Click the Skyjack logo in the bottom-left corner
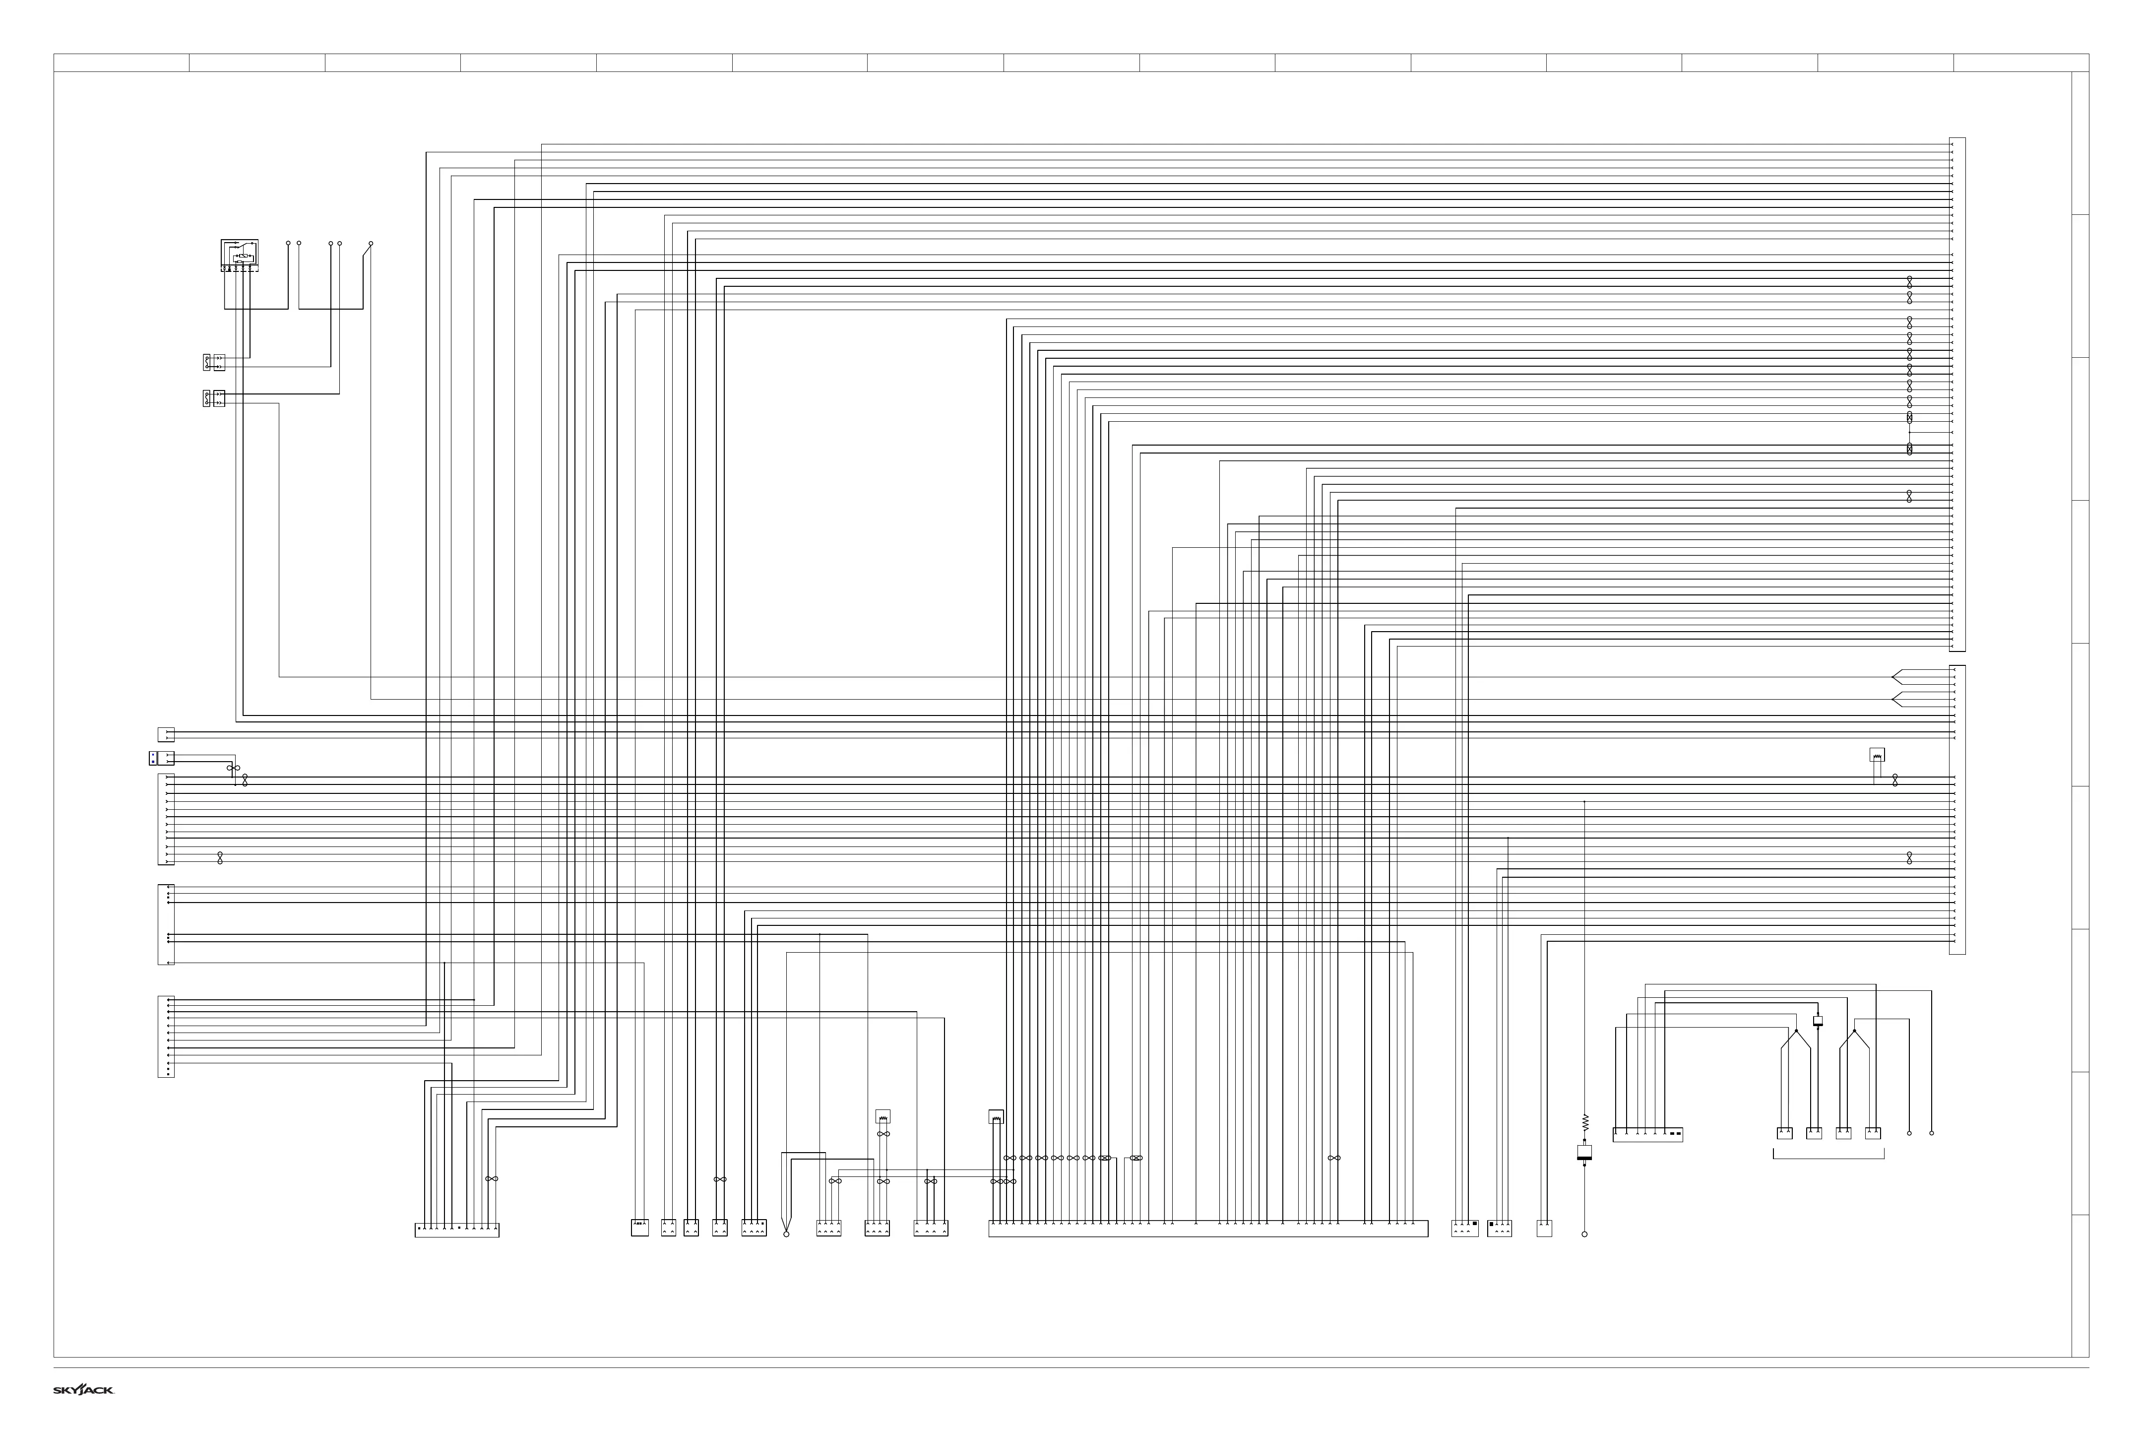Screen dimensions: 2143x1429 coord(83,1390)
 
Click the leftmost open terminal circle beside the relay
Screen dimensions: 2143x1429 coord(288,244)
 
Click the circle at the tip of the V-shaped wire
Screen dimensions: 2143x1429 coord(786,1234)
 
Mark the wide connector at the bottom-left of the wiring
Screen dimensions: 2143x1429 coord(456,1231)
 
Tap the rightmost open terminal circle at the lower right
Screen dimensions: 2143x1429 coord(1932,1133)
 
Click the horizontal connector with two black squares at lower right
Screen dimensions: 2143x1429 coord(1647,1135)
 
